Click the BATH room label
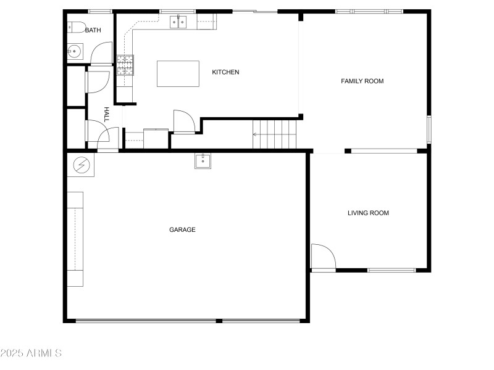coord(93,30)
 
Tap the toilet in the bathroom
coord(76,27)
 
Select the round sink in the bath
coord(75,51)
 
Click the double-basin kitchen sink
coord(178,23)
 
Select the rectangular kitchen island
coord(178,74)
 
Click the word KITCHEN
coord(225,72)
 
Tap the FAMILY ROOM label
coord(362,81)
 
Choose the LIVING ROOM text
coord(368,213)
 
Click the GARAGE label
coord(182,229)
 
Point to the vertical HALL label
coord(106,113)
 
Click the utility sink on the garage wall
coord(203,161)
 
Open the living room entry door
coord(322,257)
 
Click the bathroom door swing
coord(101,54)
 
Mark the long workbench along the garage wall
coord(75,239)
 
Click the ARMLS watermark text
coord(31,353)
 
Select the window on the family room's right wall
coord(429,130)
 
